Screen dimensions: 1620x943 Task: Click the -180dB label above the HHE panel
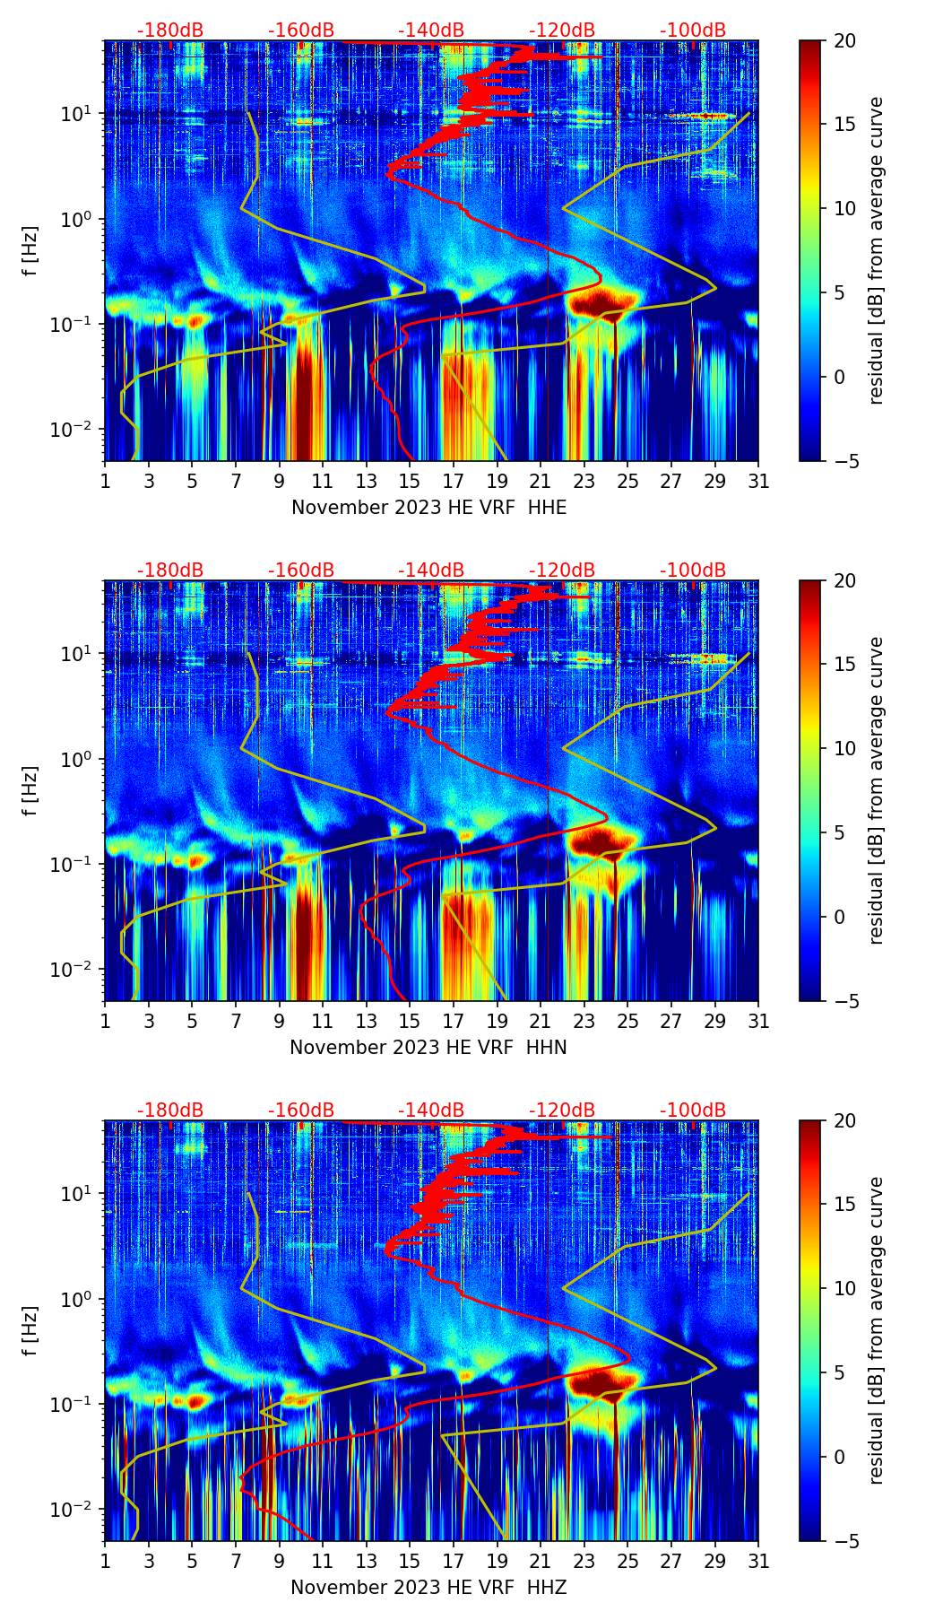coord(170,30)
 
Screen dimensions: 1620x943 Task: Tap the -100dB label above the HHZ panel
coord(693,1110)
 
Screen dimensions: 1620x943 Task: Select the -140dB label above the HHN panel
coord(431,570)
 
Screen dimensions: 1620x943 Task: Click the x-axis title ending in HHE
coord(428,508)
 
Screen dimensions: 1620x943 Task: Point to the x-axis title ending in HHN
coord(428,1048)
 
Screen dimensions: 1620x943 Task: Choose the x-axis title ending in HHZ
coord(428,1588)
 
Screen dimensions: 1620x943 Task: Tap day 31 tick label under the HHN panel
coord(757,1022)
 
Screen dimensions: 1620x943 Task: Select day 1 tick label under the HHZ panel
coord(105,1562)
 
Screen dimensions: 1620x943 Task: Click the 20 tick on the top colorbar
coord(844,40)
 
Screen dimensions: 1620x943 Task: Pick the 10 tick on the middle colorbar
coord(844,748)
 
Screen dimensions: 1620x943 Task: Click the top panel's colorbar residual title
coord(876,250)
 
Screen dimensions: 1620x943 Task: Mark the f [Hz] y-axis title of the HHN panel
coord(30,790)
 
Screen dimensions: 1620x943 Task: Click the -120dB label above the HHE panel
coord(562,30)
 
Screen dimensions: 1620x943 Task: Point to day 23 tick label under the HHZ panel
coord(584,1562)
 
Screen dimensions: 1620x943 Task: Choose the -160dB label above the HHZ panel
coord(301,1110)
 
